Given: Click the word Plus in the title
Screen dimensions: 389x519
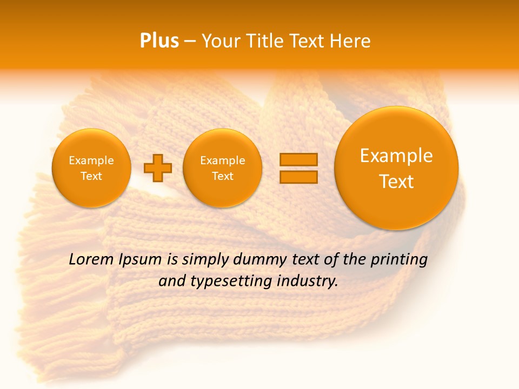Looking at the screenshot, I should click(x=159, y=41).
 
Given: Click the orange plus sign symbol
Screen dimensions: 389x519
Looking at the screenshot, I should click(x=158, y=168).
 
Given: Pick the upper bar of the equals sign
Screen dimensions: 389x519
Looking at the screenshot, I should click(x=298, y=159).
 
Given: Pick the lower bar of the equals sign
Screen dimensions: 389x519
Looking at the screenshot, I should click(x=298, y=177).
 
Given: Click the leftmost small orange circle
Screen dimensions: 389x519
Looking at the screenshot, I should click(x=91, y=168).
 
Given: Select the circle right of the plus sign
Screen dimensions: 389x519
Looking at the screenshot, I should click(x=223, y=168).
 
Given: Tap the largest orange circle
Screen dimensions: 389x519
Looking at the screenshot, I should click(x=396, y=168).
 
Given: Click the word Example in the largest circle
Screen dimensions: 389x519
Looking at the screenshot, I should click(x=396, y=156).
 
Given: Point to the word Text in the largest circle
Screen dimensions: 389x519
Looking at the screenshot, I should click(x=396, y=182).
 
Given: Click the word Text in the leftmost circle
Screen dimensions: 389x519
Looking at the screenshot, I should click(x=91, y=176).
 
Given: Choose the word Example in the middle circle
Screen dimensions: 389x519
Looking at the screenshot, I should click(x=223, y=160).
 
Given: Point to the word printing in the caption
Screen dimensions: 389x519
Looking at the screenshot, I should click(x=400, y=259).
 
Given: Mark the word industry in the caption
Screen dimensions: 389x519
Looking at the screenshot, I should click(x=308, y=281).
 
